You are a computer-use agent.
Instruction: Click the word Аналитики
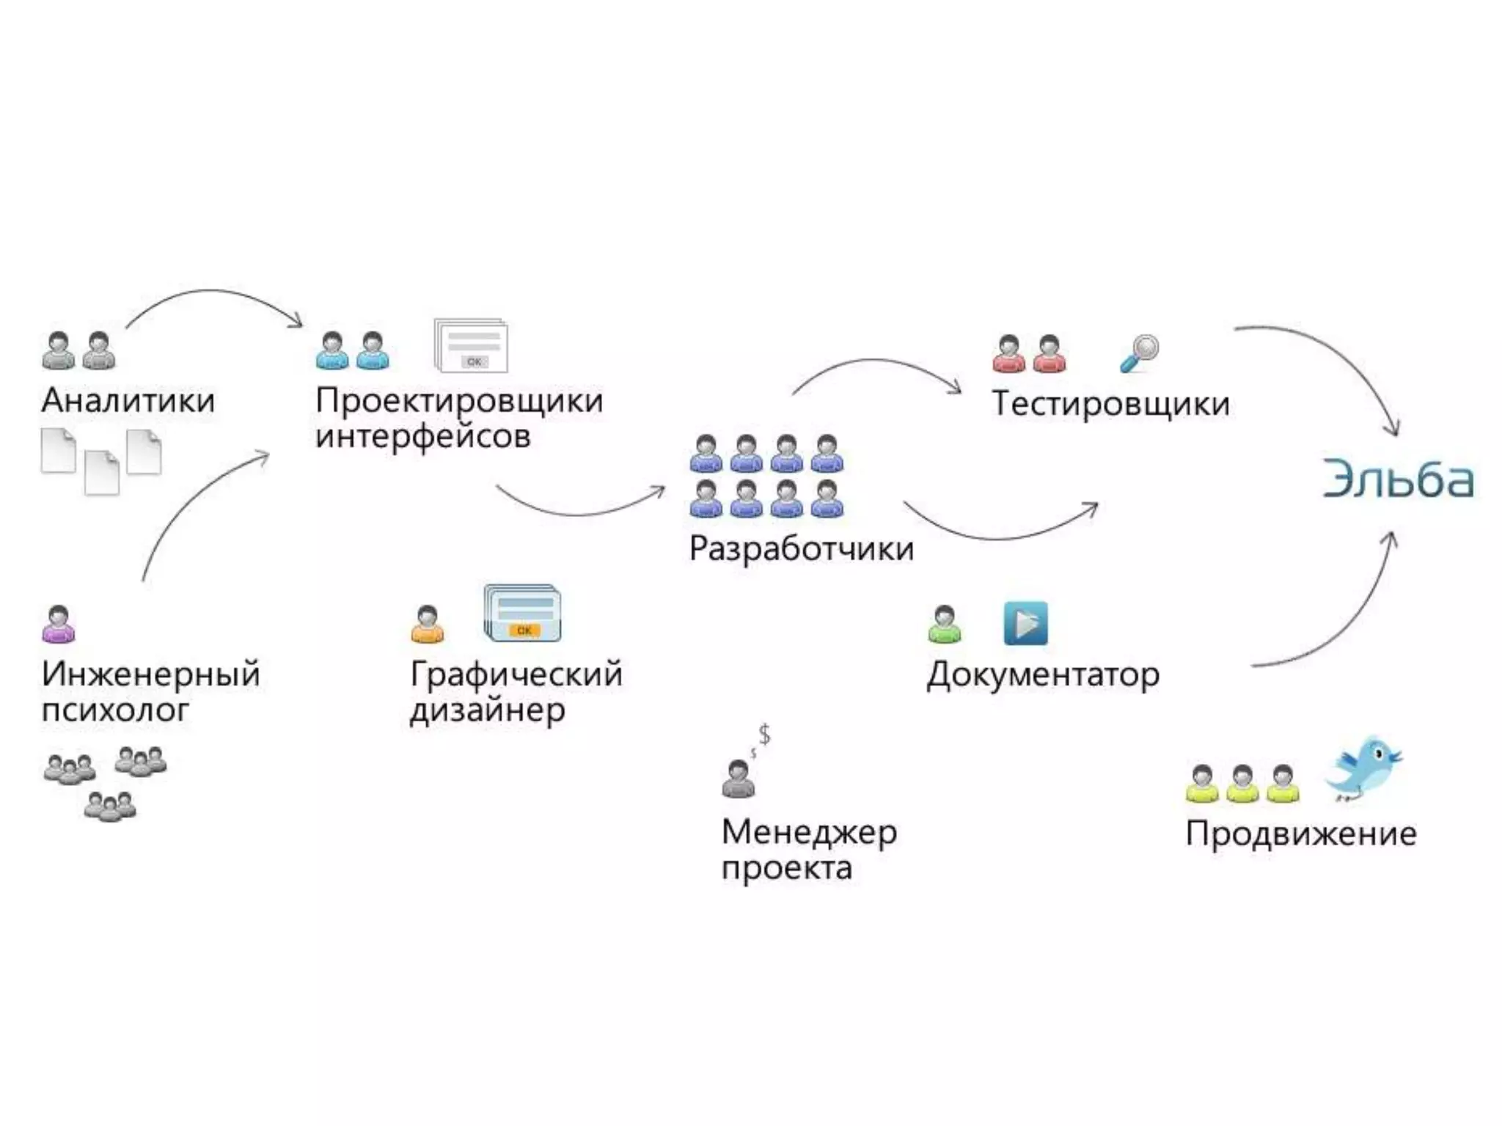128,401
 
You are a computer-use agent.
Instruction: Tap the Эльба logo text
1398,479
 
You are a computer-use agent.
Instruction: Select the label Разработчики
801,549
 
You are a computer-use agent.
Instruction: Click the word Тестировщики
1110,404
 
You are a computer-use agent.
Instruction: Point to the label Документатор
1043,675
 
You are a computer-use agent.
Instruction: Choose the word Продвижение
1301,834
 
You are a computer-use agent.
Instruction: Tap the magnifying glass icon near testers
1139,353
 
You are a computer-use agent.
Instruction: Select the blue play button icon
1025,623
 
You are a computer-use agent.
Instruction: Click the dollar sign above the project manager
764,734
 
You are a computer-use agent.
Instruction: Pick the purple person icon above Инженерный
59,625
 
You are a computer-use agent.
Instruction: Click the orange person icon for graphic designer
428,625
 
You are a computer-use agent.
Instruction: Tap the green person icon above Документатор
945,625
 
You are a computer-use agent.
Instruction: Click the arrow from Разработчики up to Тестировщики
876,364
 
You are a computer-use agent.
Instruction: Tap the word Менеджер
809,833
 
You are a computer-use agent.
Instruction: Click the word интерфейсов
423,437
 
